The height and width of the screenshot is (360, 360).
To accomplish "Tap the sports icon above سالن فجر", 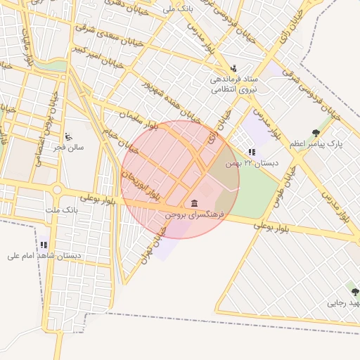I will click(68, 136).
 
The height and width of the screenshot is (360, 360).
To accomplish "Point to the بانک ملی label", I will click(177, 9).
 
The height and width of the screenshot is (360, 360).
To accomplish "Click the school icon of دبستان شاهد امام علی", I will click(44, 245).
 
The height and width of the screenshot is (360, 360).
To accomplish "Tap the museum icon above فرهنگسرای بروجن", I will click(194, 203).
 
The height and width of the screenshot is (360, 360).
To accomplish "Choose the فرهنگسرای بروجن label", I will click(194, 214).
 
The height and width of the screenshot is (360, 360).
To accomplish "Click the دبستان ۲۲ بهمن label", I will click(251, 162).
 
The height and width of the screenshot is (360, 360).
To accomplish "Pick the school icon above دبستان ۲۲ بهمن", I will click(252, 152).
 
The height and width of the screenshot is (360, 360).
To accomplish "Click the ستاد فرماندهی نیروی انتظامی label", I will click(235, 84).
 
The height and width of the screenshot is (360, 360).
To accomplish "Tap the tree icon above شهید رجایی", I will click(354, 290).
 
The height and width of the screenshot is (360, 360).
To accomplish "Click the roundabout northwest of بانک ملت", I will click(57, 190).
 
